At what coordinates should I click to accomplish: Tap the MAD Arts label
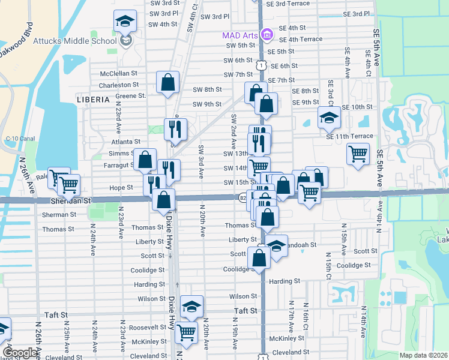240,35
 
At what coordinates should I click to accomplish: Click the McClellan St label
119,73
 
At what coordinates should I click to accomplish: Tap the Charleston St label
119,85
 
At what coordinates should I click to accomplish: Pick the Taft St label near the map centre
245,311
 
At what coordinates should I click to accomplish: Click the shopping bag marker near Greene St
168,82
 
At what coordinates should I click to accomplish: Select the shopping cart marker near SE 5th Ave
358,154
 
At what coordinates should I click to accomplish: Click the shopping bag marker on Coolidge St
259,259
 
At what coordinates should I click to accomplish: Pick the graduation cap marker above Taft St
191,306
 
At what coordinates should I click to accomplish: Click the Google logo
19,353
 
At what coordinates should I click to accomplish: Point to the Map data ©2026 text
424,355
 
